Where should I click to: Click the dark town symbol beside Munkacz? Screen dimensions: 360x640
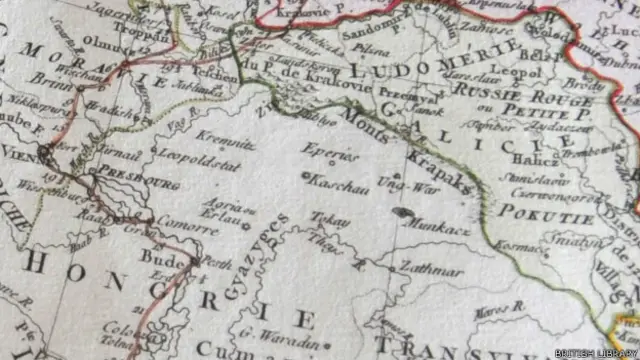pyautogui.click(x=404, y=213)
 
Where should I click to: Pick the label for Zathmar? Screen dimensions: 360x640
pyautogui.click(x=431, y=268)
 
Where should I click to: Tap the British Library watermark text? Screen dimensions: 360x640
pyautogui.click(x=594, y=351)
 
